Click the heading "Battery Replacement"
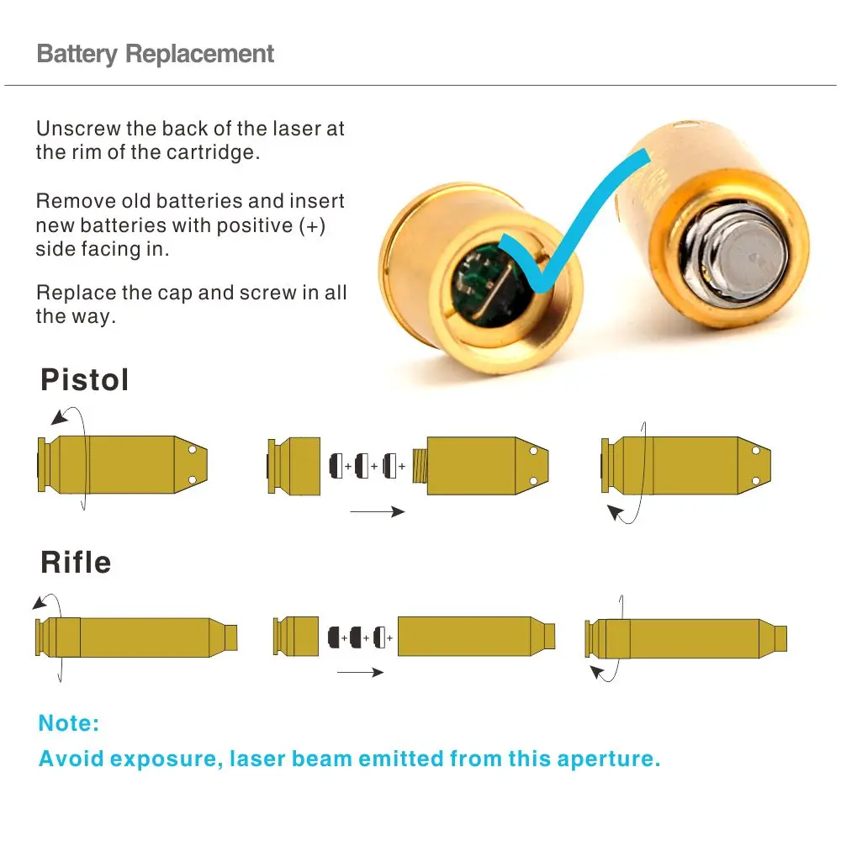point(156,55)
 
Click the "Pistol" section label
point(85,380)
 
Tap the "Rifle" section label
point(76,563)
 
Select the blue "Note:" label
point(69,722)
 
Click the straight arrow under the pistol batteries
point(377,511)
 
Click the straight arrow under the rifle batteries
point(360,672)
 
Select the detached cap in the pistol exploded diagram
point(294,465)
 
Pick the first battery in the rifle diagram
point(335,637)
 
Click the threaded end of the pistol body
point(419,465)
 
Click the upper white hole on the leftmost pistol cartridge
point(192,451)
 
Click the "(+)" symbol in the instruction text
point(312,226)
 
